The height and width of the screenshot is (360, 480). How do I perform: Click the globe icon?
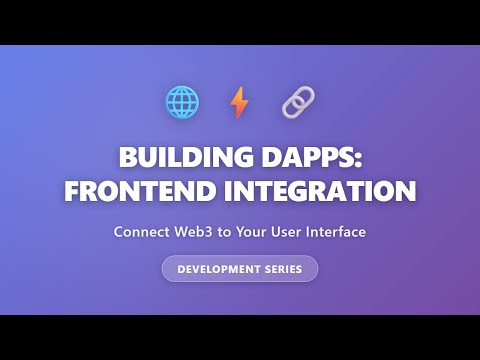tap(182, 102)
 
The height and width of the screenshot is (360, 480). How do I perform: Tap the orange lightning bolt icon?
tap(239, 102)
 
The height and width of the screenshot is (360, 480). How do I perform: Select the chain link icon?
tap(297, 102)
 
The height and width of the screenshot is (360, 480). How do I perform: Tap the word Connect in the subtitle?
tap(141, 232)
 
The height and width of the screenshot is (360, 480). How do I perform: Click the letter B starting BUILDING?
tap(127, 159)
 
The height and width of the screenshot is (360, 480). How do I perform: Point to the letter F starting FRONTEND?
tap(72, 191)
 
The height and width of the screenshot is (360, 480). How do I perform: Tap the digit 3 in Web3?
tap(209, 232)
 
